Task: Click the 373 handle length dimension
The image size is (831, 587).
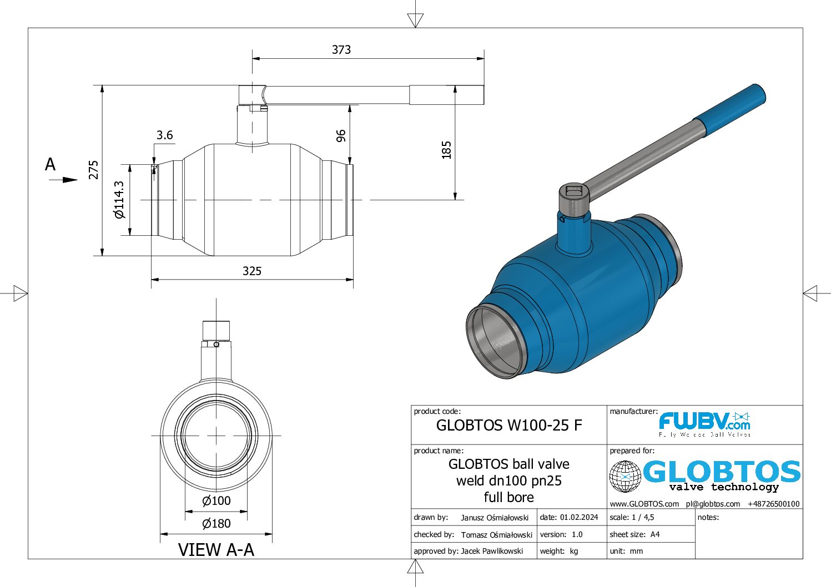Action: (x=341, y=50)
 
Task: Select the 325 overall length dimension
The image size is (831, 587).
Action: (x=251, y=271)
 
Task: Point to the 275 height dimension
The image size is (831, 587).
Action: (x=94, y=170)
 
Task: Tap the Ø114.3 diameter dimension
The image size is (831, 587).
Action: (x=119, y=200)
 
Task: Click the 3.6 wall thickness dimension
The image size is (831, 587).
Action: (x=164, y=135)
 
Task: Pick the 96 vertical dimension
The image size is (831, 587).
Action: (x=341, y=135)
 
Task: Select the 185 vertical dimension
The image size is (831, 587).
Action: (x=446, y=150)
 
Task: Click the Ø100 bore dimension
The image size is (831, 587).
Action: (x=216, y=501)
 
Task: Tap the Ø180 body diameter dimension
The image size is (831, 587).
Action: (x=216, y=523)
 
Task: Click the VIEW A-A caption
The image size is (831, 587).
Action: (x=216, y=550)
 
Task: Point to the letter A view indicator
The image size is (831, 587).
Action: (x=51, y=165)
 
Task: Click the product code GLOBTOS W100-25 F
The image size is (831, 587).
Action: (x=509, y=426)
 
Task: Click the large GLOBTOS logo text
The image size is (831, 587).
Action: (x=721, y=472)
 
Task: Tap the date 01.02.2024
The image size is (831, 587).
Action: (x=579, y=517)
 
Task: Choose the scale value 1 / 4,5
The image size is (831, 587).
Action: (x=642, y=517)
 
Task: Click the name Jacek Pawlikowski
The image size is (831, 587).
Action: (x=492, y=551)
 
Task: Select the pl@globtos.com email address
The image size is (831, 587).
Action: (x=713, y=504)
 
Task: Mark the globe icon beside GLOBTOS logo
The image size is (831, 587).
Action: (x=625, y=477)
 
